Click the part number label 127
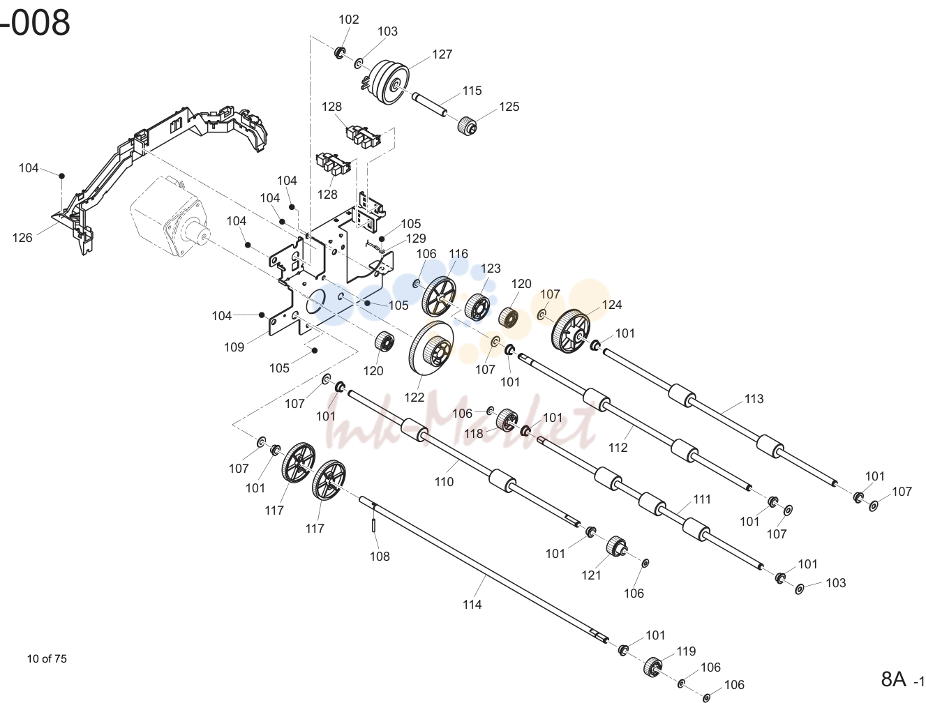coord(442,54)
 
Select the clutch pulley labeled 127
coord(386,82)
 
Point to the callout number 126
coord(22,238)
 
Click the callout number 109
coord(234,347)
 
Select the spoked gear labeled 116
coord(439,296)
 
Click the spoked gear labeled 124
coord(570,331)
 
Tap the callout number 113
coord(754,399)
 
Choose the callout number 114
coord(472,605)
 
